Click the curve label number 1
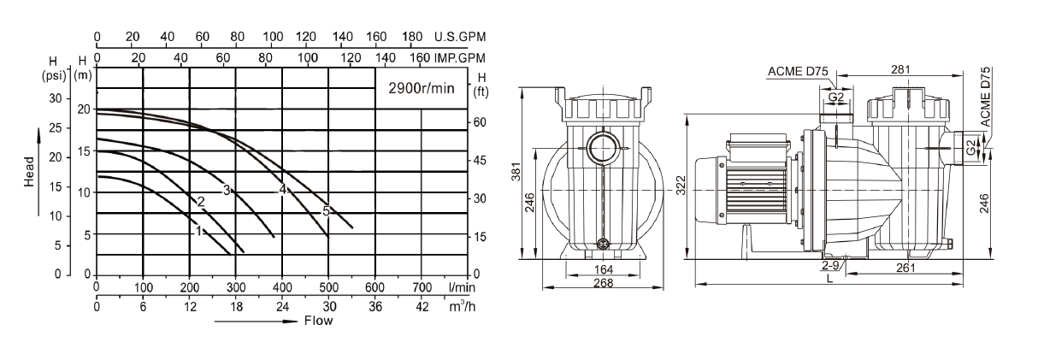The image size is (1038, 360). pos(199,231)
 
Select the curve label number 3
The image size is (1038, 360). pos(227,190)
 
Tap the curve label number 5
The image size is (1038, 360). pos(327,211)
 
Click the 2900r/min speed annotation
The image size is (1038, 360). pos(422,88)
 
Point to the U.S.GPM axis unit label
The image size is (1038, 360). pos(460,37)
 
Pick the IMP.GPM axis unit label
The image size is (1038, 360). pos(460,58)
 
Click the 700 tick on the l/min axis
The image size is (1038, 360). pos(422,287)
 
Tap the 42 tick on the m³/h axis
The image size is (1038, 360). pos(422,307)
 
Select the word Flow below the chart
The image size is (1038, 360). pos(319,321)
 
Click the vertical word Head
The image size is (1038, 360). pos(29,172)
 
